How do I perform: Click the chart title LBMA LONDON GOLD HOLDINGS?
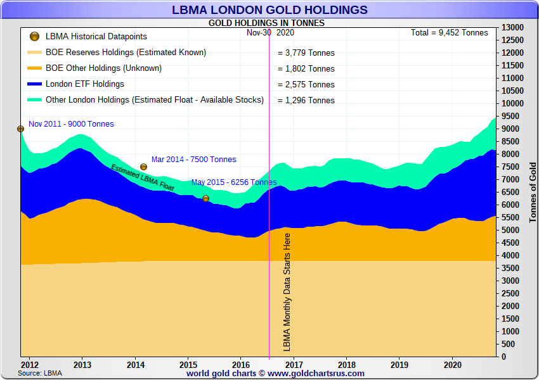pos(269,9)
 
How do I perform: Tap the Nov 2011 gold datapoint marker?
pos(20,129)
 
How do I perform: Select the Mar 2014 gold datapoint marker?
pos(143,167)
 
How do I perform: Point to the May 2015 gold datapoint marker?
pos(205,198)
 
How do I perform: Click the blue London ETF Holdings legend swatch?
pos(35,84)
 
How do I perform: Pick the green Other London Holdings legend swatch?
pos(35,100)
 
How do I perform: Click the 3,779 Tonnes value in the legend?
pos(306,53)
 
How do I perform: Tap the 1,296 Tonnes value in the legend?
pos(306,101)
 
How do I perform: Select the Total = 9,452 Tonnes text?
pos(450,33)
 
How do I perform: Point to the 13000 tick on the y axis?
pos(512,28)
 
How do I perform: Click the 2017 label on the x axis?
pos(294,365)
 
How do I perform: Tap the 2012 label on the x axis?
pos(29,365)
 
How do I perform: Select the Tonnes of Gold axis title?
pos(533,191)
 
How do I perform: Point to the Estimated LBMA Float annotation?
pos(142,178)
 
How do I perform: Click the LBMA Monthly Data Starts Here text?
pos(287,292)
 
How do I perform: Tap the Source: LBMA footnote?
pos(40,373)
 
